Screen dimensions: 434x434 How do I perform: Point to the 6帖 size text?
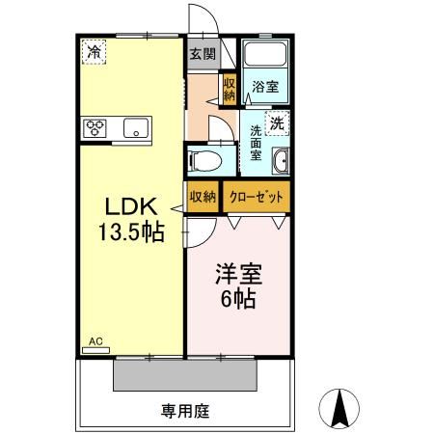235,299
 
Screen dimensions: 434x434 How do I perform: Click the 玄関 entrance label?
201,54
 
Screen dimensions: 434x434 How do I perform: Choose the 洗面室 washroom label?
257,141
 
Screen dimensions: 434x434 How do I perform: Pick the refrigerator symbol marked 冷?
94,51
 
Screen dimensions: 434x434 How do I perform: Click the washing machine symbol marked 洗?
278,122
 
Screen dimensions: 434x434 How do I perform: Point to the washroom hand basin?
281,159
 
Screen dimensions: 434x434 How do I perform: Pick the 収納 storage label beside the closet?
203,196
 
